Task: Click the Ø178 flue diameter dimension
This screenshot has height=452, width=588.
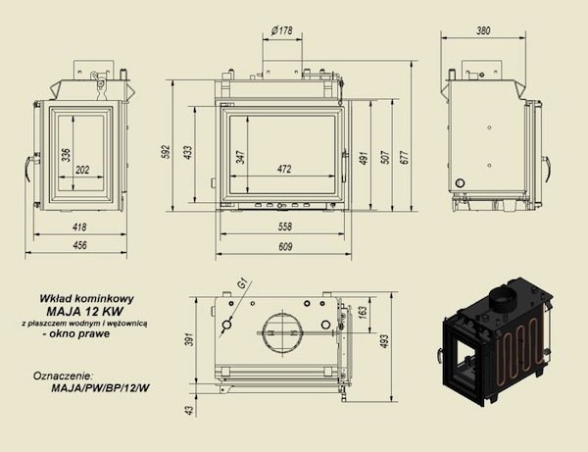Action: coord(281,30)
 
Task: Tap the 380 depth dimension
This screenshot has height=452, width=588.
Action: coord(483,30)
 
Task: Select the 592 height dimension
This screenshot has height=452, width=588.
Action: coord(167,152)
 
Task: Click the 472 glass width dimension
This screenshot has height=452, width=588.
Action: coord(284,170)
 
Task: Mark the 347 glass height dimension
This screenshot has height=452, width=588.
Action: coord(241,157)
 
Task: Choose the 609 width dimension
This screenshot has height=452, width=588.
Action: coord(285,247)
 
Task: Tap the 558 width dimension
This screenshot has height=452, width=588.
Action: coord(284,226)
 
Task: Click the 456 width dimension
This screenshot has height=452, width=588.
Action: coord(79,245)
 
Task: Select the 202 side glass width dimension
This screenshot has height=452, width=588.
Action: coord(82,170)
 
